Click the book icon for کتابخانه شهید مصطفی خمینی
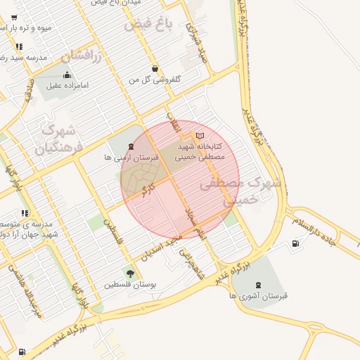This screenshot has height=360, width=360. [200, 135]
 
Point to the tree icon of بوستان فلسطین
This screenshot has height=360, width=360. [129, 273]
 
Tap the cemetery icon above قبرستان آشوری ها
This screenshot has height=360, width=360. [259, 284]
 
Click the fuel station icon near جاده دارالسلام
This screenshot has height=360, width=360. [295, 244]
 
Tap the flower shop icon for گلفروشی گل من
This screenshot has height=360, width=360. [154, 69]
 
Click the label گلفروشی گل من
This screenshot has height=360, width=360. [154, 80]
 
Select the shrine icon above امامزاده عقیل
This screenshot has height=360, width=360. [67, 75]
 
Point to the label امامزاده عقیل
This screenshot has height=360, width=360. [67, 86]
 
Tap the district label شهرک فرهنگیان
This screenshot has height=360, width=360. [59, 139]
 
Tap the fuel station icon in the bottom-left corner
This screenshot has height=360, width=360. [22, 352]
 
